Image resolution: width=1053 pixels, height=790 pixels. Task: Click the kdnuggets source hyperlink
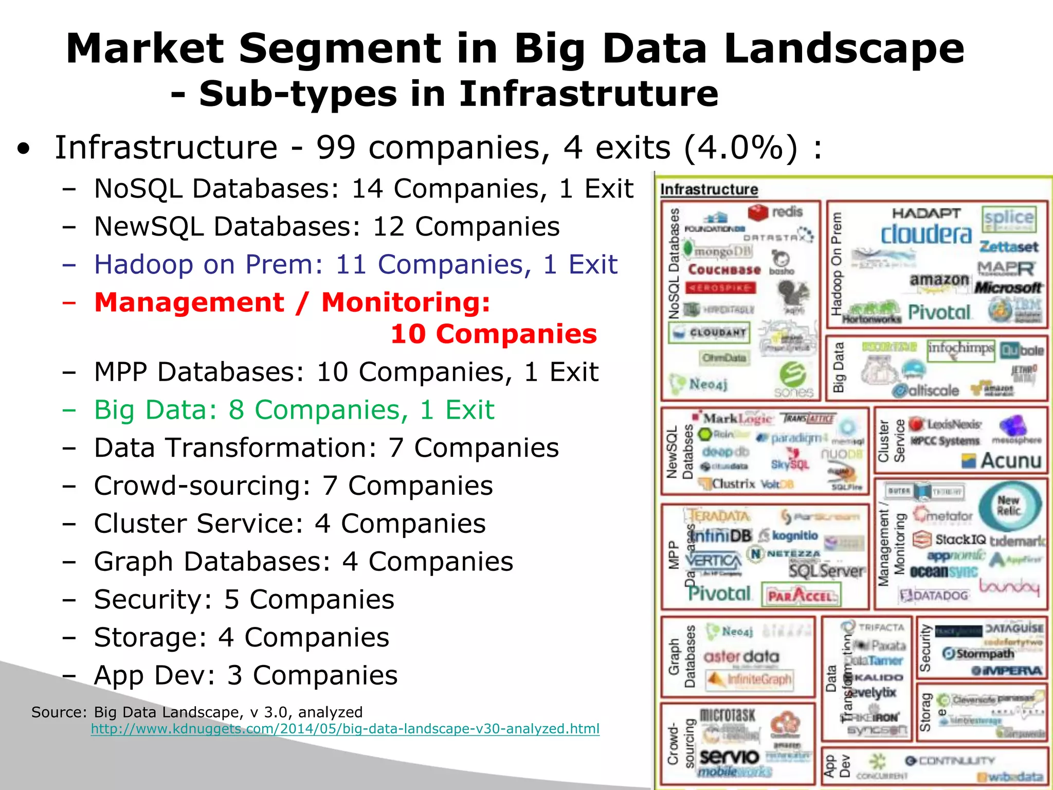click(x=344, y=729)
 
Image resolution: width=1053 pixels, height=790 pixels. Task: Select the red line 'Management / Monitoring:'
click(x=292, y=302)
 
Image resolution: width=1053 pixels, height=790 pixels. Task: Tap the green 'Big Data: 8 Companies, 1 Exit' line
click(x=294, y=410)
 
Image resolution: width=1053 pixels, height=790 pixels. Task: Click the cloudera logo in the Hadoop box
click(x=926, y=235)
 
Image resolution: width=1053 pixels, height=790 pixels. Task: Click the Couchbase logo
click(x=724, y=270)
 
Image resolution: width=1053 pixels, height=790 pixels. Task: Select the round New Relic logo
click(x=1008, y=506)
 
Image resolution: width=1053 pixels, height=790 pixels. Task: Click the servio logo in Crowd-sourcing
click(x=729, y=756)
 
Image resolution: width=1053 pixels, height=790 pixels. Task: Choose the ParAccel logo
click(x=801, y=596)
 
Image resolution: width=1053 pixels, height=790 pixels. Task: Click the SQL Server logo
click(x=826, y=570)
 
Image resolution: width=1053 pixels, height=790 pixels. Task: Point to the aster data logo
click(x=741, y=656)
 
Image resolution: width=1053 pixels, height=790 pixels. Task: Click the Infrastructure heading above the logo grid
click(x=709, y=190)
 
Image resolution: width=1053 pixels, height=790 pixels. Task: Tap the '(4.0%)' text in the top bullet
click(x=741, y=148)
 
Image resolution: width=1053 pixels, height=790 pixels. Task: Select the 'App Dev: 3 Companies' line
click(x=245, y=675)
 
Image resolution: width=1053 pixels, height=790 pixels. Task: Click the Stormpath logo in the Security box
click(x=978, y=654)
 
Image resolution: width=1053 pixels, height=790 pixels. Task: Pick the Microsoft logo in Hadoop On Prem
click(x=1008, y=288)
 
